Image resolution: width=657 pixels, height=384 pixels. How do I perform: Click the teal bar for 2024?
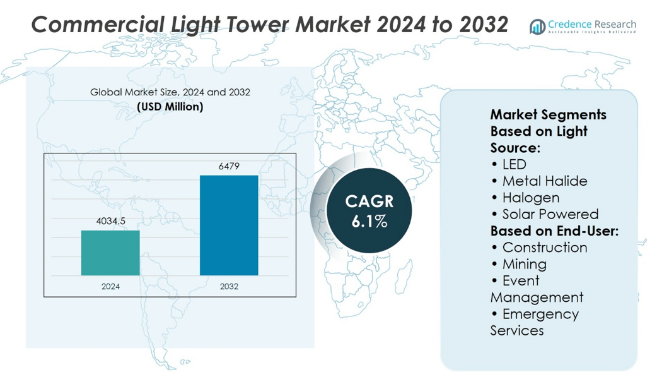110,253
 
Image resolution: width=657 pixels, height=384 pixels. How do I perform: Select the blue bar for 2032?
229,225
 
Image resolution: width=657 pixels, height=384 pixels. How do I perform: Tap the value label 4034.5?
110,221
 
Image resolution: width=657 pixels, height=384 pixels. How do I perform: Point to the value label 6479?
229,166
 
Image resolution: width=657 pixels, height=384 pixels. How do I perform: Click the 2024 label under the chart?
110,287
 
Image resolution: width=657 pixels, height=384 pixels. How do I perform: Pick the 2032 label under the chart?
229,287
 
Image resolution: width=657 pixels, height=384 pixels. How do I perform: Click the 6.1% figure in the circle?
369,222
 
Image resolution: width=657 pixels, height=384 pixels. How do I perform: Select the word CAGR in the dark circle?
369,201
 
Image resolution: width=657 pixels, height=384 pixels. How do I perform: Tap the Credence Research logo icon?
537,27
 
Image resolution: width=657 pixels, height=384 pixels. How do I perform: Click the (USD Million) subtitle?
170,107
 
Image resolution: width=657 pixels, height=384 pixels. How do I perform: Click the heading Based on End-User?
554,231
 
